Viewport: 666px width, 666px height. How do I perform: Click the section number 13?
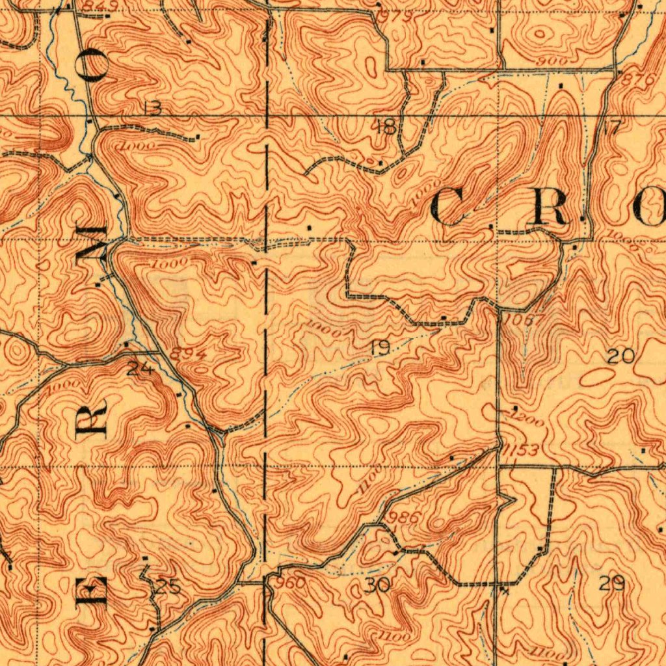[152, 109]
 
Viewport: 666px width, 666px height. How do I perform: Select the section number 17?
[612, 127]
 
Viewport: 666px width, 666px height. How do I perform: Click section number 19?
[380, 349]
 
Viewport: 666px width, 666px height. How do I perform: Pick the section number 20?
[620, 356]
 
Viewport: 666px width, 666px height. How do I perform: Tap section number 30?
[377, 585]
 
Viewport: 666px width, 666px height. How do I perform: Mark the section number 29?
[611, 583]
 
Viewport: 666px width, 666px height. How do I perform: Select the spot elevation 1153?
[520, 451]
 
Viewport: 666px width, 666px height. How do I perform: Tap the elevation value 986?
[403, 518]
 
